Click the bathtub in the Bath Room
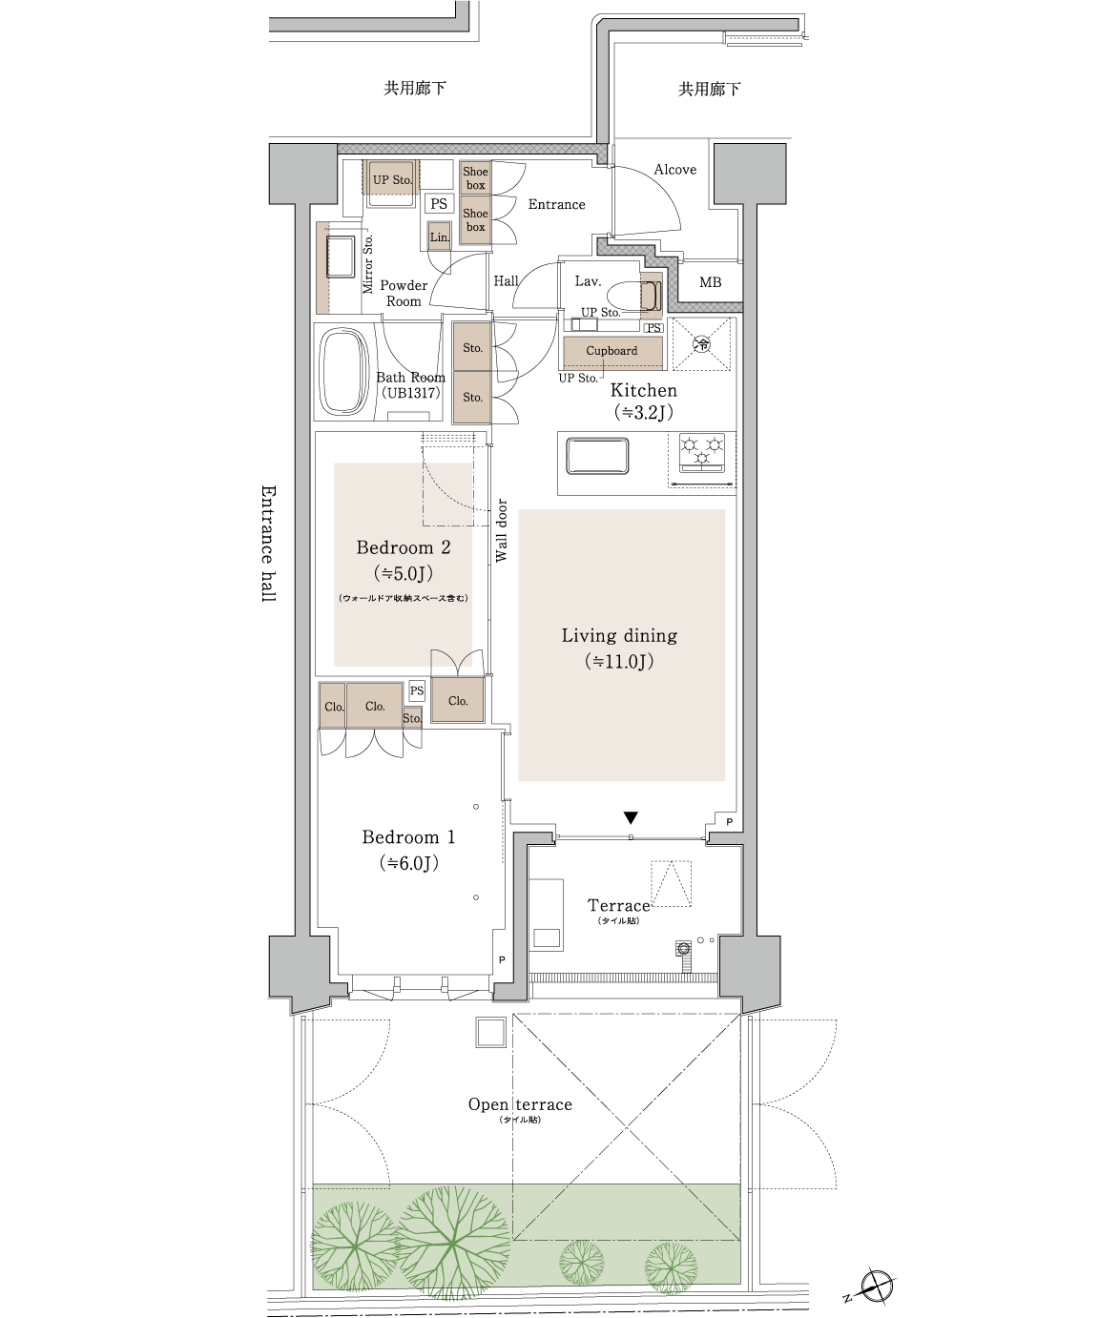(x=344, y=371)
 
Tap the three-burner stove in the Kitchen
(x=702, y=453)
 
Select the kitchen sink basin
(x=597, y=456)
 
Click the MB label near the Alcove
(x=710, y=282)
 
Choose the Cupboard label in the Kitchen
(x=612, y=350)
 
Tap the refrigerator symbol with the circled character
(x=702, y=344)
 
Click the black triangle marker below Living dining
(x=631, y=817)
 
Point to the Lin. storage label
(x=440, y=237)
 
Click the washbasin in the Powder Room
(x=341, y=257)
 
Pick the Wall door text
(x=502, y=530)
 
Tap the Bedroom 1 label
(x=408, y=837)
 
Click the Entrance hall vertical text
(x=268, y=544)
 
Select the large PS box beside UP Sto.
(x=438, y=203)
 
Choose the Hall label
(x=506, y=281)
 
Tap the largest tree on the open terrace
(x=452, y=1243)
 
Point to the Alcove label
(x=675, y=169)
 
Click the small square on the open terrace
(x=490, y=1033)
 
